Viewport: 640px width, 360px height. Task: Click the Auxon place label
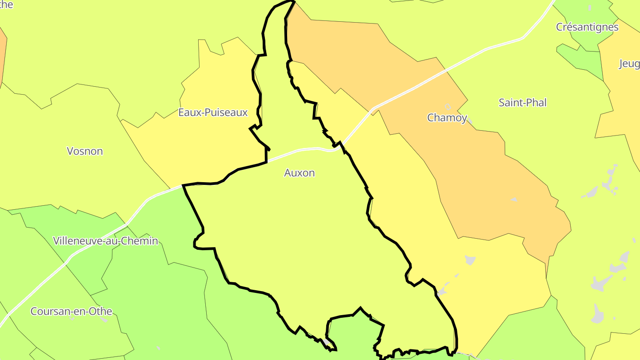(x=299, y=173)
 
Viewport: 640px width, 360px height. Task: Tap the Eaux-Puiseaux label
(x=213, y=112)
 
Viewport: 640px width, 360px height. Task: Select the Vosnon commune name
(x=85, y=151)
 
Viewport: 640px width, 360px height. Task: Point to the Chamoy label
(x=447, y=118)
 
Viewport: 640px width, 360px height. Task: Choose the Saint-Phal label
(x=523, y=103)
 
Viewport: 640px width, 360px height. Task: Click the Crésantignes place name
(x=587, y=27)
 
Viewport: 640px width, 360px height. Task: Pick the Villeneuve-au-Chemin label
(x=105, y=241)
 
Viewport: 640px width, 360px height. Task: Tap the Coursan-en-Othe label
(x=71, y=311)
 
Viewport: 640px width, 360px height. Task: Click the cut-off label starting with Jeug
(x=629, y=64)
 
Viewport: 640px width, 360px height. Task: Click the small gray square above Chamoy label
(x=448, y=107)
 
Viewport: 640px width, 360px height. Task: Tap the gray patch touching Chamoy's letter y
(x=469, y=120)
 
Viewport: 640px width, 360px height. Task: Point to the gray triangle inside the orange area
(x=514, y=200)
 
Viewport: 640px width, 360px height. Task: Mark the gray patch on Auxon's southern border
(x=328, y=341)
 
